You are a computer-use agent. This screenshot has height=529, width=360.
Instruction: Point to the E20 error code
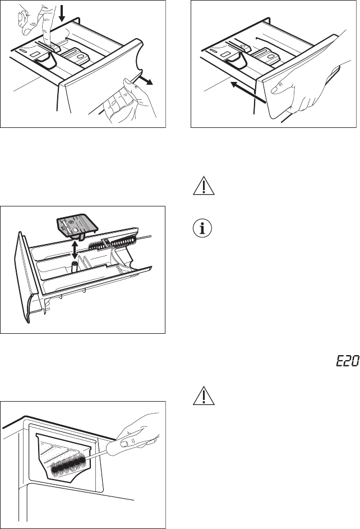346,362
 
